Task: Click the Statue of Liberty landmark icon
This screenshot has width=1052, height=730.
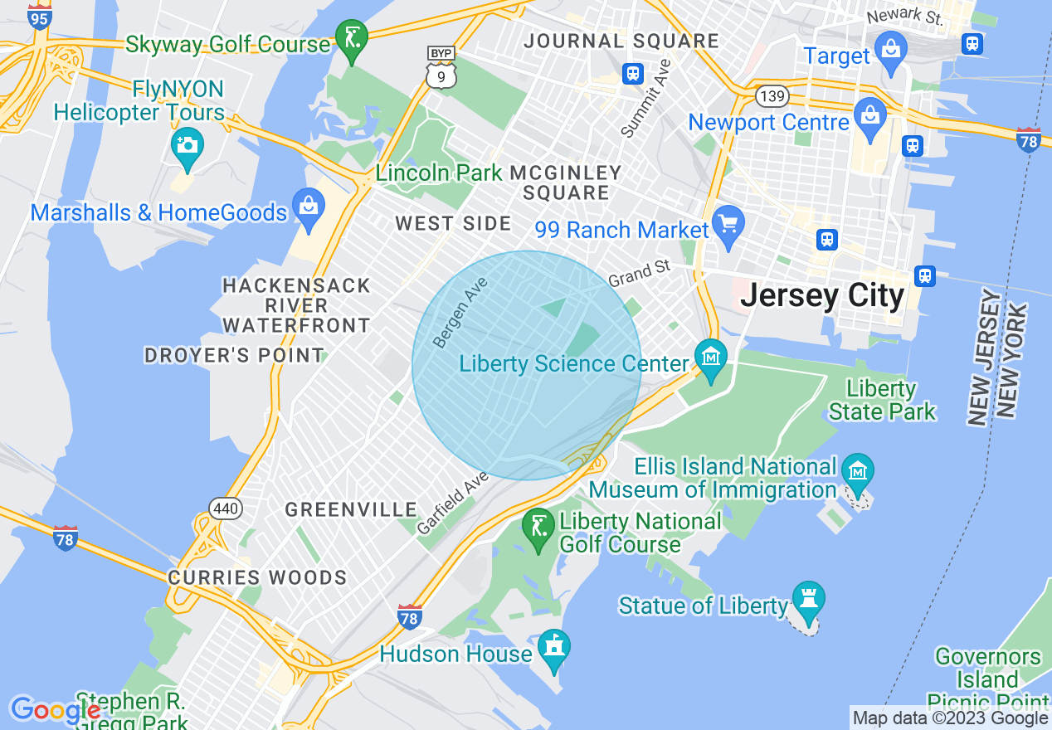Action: (807, 597)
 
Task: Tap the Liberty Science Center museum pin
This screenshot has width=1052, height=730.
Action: (710, 358)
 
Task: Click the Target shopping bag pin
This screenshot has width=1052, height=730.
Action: (891, 48)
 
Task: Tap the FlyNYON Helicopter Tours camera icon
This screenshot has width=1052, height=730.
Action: (187, 145)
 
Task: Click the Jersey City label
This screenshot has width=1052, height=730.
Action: (821, 295)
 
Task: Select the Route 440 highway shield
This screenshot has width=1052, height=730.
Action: (226, 509)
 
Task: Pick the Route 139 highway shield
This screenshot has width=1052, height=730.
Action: (772, 96)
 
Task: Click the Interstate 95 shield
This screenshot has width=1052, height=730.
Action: (39, 16)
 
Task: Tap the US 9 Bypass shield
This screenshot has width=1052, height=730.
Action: (441, 68)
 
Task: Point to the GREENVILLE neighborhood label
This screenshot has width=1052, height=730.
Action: (351, 509)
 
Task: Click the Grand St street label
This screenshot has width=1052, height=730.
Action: (638, 273)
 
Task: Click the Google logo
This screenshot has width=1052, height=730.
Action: (54, 710)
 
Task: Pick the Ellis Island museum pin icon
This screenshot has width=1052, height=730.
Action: (857, 471)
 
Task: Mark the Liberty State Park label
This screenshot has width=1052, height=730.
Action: (882, 400)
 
